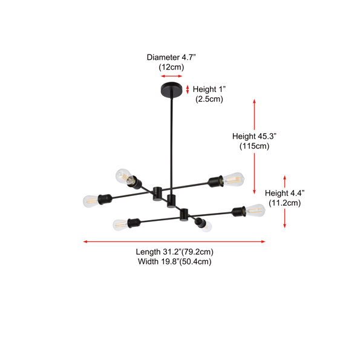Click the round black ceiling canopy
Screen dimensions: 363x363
pyautogui.click(x=171, y=89)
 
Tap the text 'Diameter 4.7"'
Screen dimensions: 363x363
pyautogui.click(x=171, y=57)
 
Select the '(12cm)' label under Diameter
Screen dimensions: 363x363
pyautogui.click(x=171, y=67)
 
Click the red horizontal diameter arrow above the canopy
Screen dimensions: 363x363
pyautogui.click(x=172, y=76)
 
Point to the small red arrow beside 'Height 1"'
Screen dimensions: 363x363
pyautogui.click(x=188, y=90)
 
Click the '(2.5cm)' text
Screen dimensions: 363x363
pyautogui.click(x=209, y=99)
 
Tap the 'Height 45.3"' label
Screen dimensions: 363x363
pyautogui.click(x=255, y=136)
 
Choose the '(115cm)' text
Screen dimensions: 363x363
pyautogui.click(x=255, y=146)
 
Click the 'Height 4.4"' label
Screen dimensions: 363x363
pyautogui.click(x=285, y=193)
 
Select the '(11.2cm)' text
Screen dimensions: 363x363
pyautogui.click(x=285, y=203)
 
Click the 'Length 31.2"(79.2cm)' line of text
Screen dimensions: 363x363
pyautogui.click(x=175, y=252)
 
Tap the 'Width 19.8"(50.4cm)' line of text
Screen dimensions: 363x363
pyautogui.click(x=175, y=261)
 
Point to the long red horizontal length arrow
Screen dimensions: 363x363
pyautogui.click(x=174, y=241)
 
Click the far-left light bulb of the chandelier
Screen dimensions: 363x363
pyautogui.click(x=91, y=201)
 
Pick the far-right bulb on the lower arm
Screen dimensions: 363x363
pyautogui.click(x=255, y=211)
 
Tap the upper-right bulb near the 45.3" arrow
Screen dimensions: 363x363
pyautogui.click(x=234, y=179)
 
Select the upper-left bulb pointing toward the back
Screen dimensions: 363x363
pyautogui.click(x=124, y=176)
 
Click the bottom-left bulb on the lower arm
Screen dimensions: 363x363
pyautogui.click(x=120, y=225)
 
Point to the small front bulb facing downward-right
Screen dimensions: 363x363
pyautogui.click(x=206, y=227)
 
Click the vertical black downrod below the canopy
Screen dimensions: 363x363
pyautogui.click(x=172, y=143)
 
